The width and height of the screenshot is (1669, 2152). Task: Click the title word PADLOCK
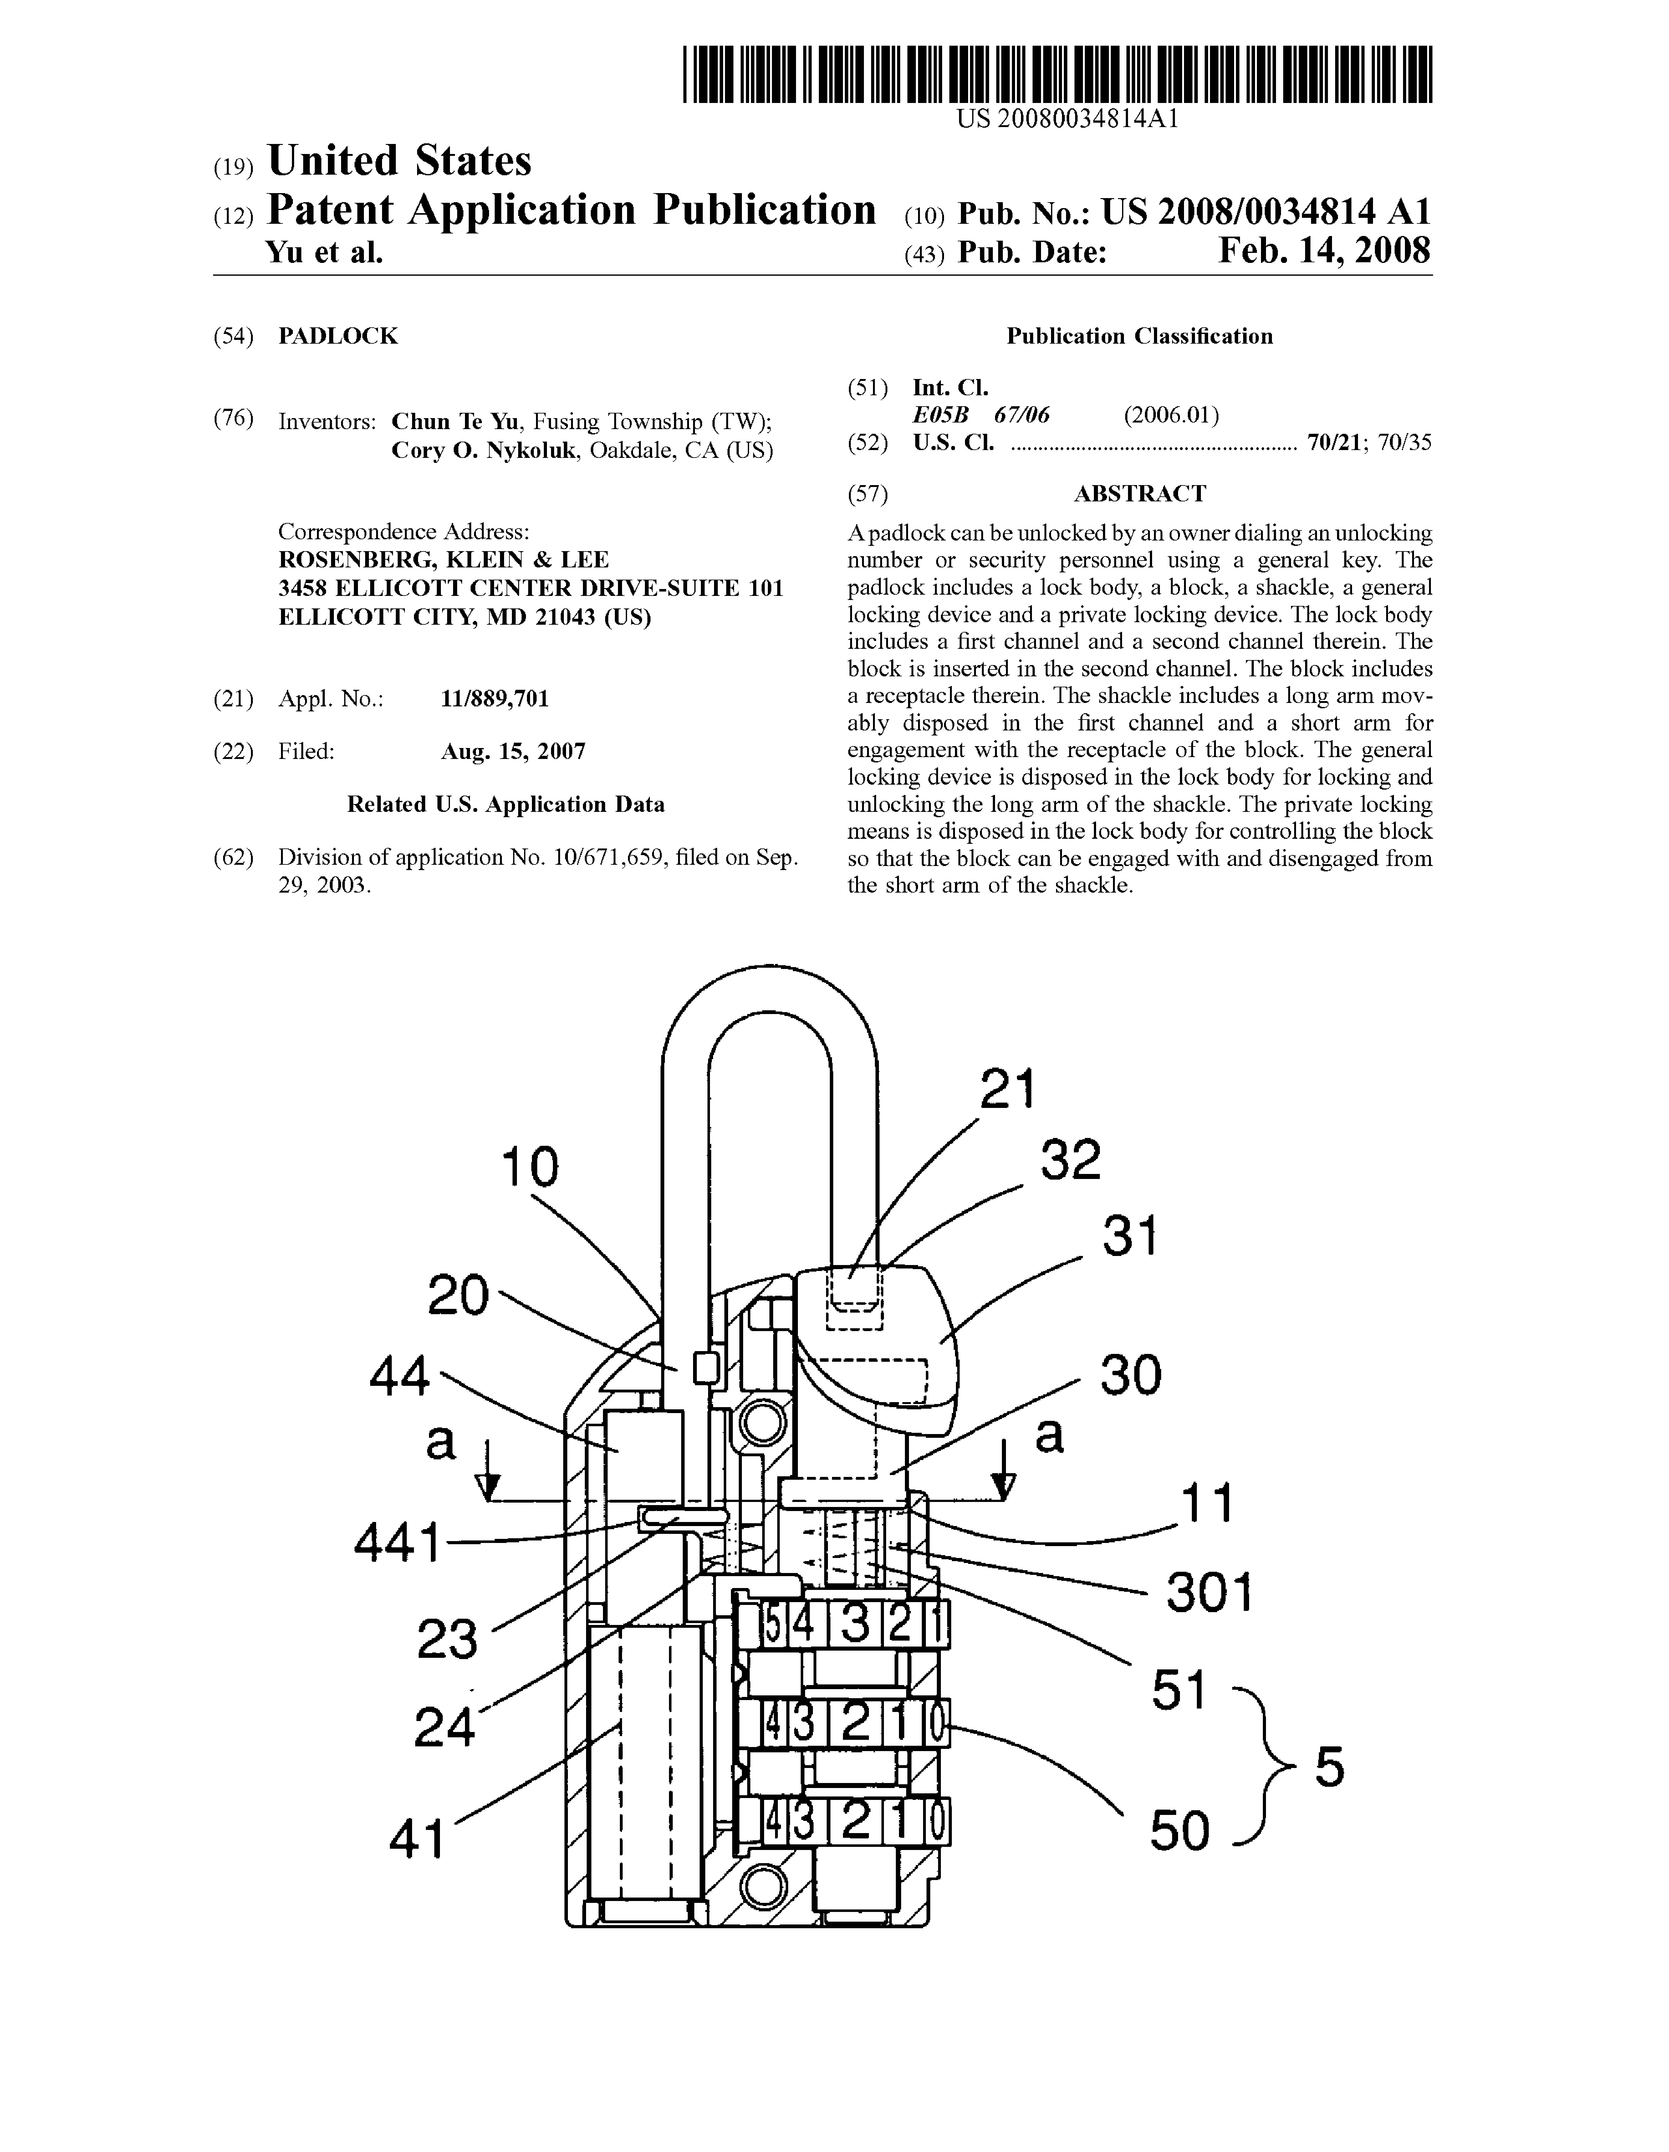338,336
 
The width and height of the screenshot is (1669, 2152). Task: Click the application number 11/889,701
495,699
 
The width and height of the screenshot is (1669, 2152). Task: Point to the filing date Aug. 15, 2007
513,752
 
